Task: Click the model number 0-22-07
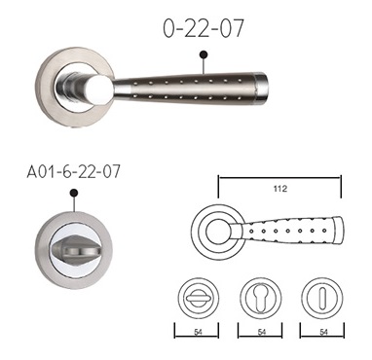click(x=204, y=28)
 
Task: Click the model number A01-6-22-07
click(x=74, y=171)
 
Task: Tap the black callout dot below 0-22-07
click(x=204, y=54)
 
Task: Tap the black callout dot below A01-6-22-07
click(x=74, y=193)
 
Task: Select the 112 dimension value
click(x=280, y=188)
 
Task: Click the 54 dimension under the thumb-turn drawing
click(x=198, y=332)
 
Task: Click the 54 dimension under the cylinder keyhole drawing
click(x=261, y=332)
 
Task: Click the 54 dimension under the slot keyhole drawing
click(x=323, y=332)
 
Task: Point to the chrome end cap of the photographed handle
click(x=260, y=86)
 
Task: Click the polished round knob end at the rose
click(x=100, y=90)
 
